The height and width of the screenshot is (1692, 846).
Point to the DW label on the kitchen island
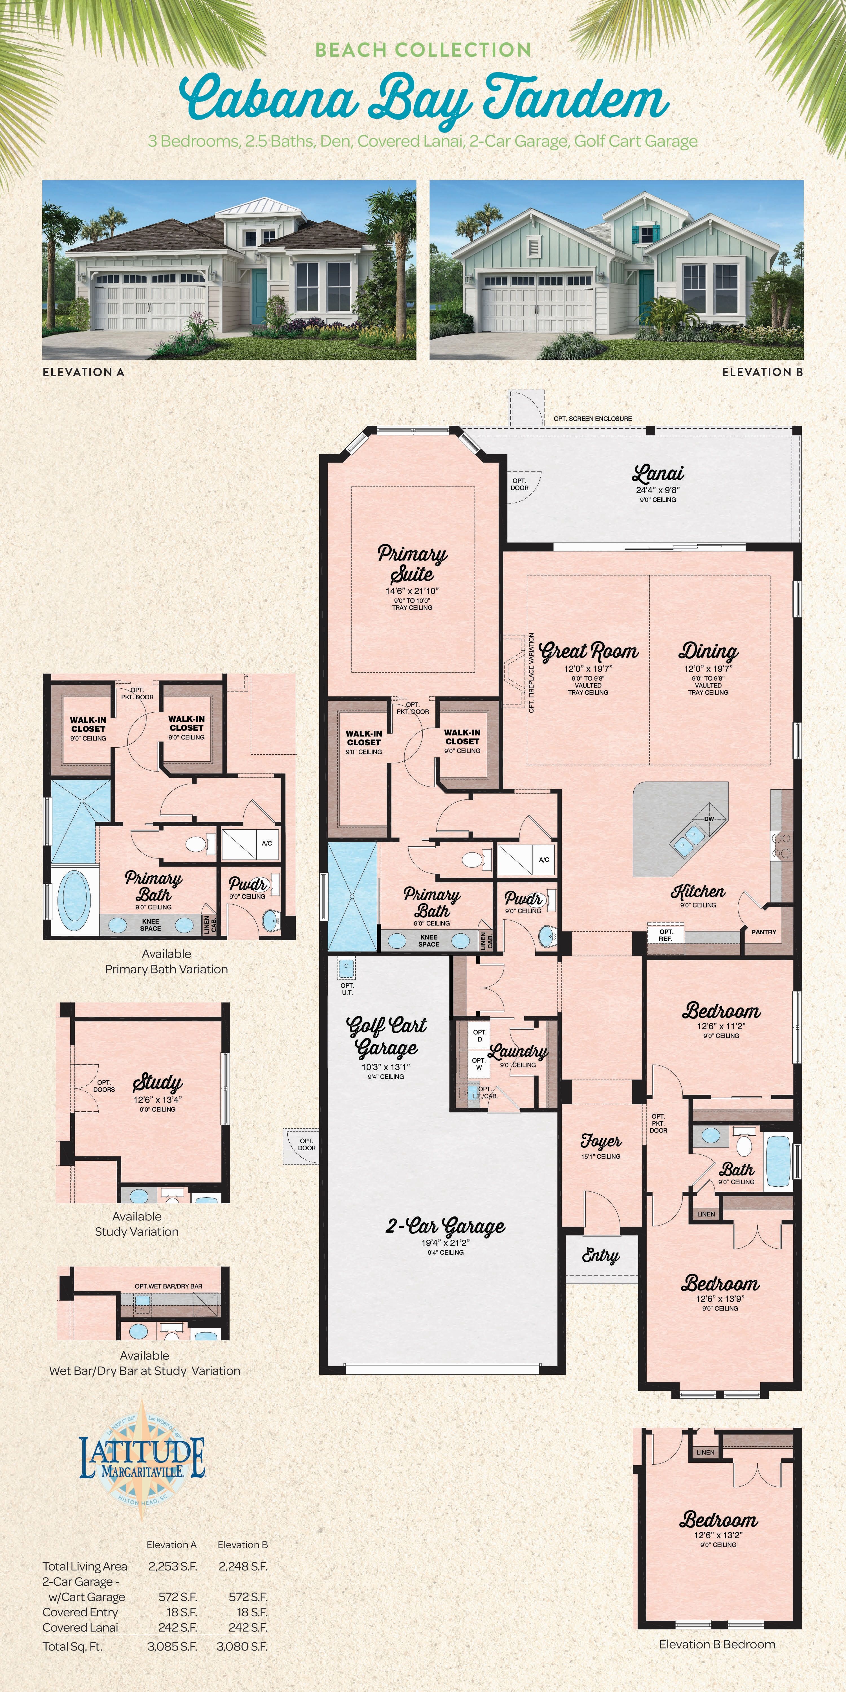[709, 819]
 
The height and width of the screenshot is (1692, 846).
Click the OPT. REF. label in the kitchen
[666, 935]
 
